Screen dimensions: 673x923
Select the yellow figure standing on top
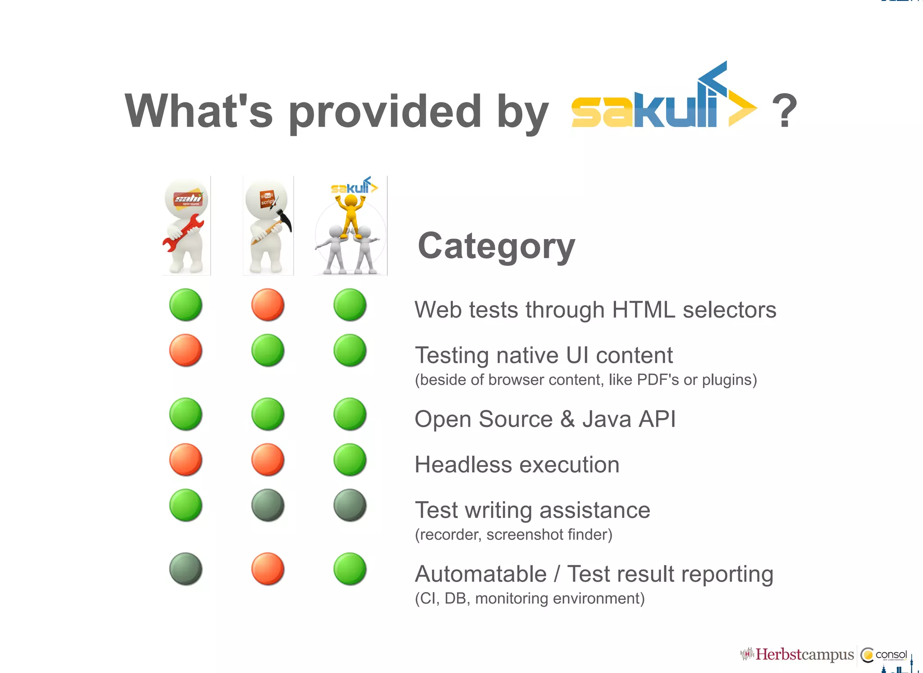pos(350,214)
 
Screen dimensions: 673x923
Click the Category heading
pos(496,246)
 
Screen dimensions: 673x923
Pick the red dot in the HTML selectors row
pos(268,305)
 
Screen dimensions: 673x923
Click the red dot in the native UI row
pos(186,350)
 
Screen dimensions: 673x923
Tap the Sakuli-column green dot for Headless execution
pos(350,460)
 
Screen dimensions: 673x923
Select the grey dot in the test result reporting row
pos(186,569)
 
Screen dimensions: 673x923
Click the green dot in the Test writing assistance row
pos(186,505)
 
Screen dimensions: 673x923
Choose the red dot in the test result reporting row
pos(268,569)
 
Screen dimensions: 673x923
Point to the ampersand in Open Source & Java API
pos(567,419)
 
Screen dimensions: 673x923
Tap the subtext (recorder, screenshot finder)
pos(513,535)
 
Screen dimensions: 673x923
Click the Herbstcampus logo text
pos(804,655)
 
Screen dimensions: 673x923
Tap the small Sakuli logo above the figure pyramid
pos(354,186)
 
